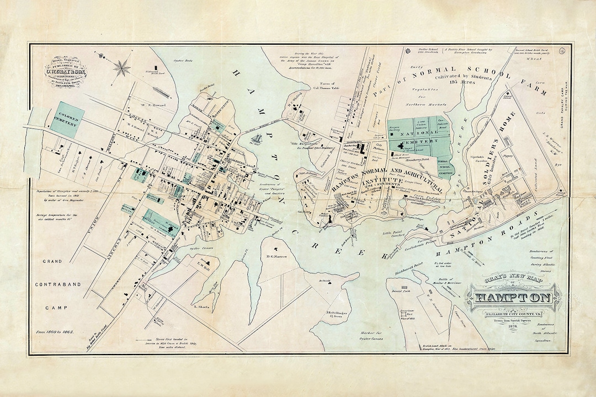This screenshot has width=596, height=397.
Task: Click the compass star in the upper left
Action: pyautogui.click(x=122, y=69)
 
